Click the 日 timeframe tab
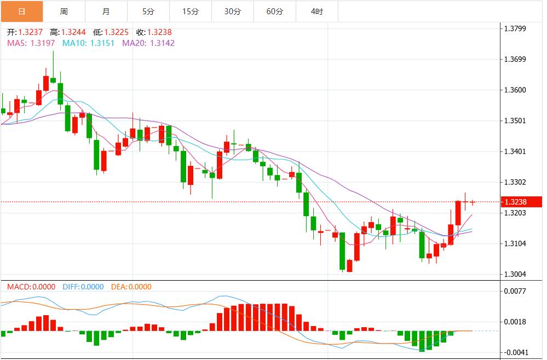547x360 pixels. (21, 11)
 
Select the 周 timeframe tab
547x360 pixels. (64, 11)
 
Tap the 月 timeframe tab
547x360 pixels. (106, 11)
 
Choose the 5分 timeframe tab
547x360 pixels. (148, 11)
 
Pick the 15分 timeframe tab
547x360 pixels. (190, 11)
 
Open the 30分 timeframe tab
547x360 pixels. (232, 11)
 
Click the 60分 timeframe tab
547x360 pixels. (274, 11)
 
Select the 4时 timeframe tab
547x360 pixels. (316, 11)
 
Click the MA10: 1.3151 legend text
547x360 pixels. (88, 43)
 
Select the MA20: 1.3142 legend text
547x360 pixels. (148, 43)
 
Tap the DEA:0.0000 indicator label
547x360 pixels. (131, 287)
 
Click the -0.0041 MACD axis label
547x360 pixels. (517, 352)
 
